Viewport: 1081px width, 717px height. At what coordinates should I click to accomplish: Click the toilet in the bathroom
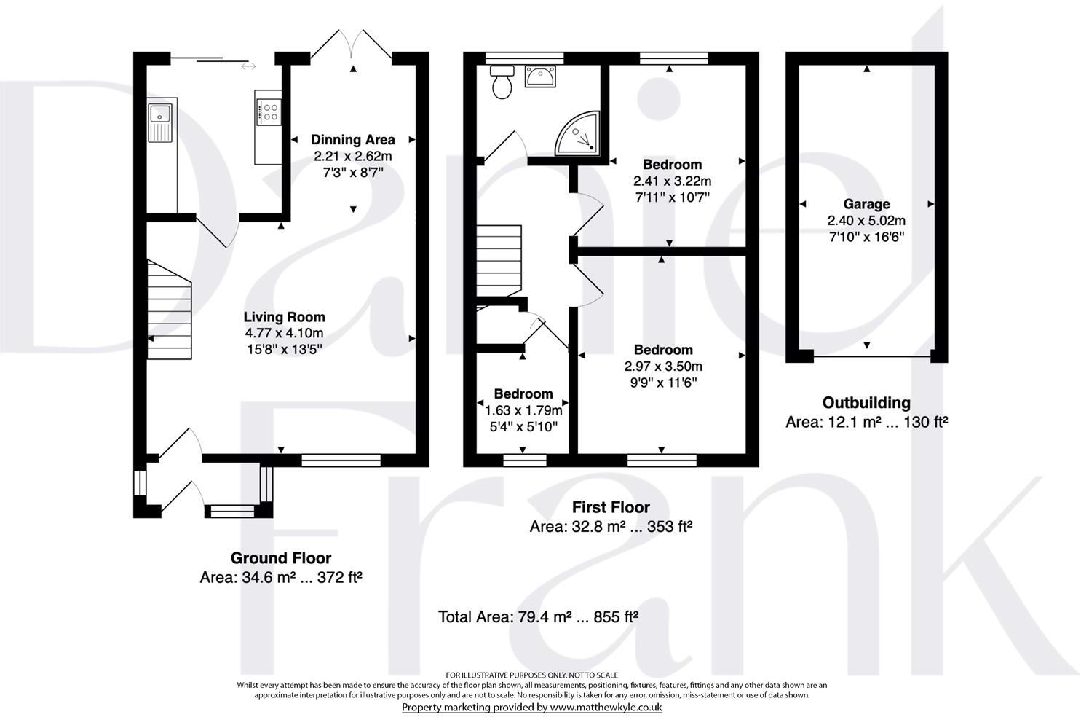(502, 82)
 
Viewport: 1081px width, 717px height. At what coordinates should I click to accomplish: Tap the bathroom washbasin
(540, 77)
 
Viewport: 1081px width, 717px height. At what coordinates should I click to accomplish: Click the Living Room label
(284, 317)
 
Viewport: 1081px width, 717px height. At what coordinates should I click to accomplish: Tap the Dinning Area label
(353, 140)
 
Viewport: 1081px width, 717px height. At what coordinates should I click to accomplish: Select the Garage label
(867, 204)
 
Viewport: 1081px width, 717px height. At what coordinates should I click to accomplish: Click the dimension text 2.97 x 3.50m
(663, 367)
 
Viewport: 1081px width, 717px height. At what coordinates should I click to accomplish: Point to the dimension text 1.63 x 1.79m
(523, 410)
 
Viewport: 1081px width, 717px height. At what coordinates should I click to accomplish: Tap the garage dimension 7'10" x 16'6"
(867, 237)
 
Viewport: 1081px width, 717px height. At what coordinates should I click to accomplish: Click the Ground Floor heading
(281, 558)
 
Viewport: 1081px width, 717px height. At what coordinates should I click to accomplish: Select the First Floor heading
(611, 507)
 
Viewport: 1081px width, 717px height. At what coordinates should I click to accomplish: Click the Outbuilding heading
(866, 402)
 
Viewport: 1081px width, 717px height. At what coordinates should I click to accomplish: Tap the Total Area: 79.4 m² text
(505, 617)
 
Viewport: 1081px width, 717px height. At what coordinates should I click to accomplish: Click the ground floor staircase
(170, 310)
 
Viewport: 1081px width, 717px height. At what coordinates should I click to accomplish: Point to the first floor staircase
(499, 261)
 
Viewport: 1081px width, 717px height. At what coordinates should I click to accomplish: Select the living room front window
(341, 461)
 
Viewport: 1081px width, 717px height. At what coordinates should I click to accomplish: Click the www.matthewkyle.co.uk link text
(606, 708)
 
